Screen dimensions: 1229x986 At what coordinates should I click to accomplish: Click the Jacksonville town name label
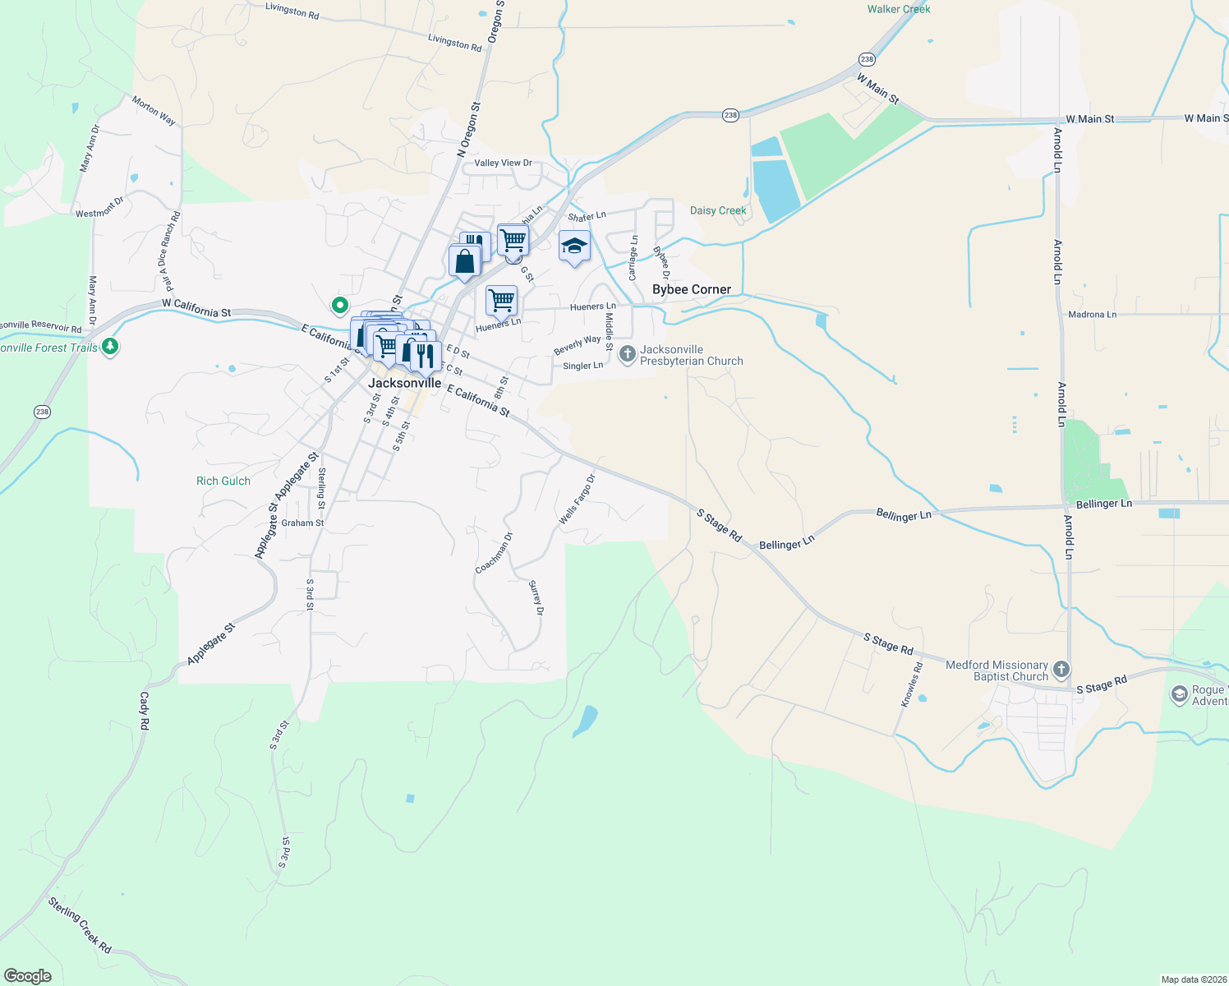pos(404,383)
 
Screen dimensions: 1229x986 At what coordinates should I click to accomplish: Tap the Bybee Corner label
pos(691,289)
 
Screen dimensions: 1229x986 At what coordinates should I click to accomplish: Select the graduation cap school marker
pos(574,246)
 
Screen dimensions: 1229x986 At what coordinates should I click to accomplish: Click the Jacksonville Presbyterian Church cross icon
pos(627,354)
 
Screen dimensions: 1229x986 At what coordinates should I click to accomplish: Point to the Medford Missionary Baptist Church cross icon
pos(1061,670)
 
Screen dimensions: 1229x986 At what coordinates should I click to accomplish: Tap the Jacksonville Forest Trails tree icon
pos(110,347)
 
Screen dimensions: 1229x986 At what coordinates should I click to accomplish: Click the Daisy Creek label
pos(718,210)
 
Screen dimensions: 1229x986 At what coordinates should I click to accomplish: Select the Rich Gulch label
pos(223,481)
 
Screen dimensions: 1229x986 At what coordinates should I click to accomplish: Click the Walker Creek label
pos(899,9)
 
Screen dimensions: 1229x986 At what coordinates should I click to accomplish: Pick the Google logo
pos(28,976)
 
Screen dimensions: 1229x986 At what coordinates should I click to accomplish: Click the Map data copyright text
pos(1192,979)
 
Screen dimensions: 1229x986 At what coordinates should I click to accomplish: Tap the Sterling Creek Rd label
pos(80,925)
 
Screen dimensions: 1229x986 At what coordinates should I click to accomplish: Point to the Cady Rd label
pos(145,711)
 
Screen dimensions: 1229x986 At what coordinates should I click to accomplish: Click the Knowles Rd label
pos(912,684)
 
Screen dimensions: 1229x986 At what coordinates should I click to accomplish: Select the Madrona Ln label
pos(1092,314)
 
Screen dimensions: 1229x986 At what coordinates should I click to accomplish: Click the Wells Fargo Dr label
pos(577,500)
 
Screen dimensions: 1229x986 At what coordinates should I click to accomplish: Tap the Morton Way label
pos(154,111)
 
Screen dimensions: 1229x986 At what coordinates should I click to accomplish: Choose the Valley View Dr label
pos(503,163)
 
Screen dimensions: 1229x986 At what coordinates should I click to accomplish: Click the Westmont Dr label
pos(99,207)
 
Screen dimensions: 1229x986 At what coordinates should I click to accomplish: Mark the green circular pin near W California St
pos(339,306)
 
